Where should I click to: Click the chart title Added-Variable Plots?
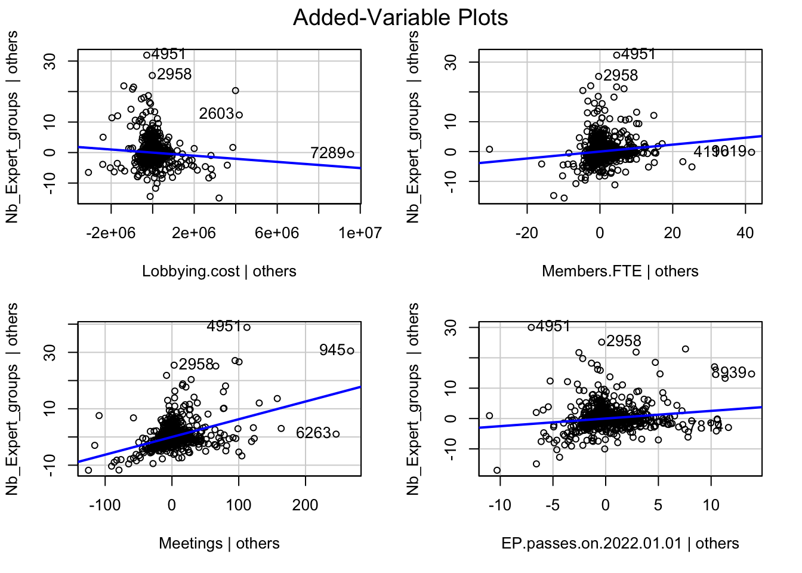400,18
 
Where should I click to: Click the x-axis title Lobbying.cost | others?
219,272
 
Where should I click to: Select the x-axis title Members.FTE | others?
620,272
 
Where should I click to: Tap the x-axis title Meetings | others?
219,544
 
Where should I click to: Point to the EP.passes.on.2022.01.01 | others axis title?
620,544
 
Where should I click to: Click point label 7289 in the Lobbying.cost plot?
328,153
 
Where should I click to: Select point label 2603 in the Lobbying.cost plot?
217,113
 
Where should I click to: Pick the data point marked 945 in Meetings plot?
351,351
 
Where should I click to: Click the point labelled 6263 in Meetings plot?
336,434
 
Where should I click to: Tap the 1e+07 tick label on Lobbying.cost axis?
360,233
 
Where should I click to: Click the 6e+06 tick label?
277,233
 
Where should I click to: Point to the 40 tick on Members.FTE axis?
745,233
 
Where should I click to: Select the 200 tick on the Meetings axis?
306,506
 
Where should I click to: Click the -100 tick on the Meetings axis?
105,506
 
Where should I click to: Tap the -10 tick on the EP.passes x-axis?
499,506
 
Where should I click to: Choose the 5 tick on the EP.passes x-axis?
658,506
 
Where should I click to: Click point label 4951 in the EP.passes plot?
553,326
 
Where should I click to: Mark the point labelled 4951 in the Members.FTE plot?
617,55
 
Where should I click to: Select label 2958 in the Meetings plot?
196,364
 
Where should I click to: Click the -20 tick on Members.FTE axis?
527,233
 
